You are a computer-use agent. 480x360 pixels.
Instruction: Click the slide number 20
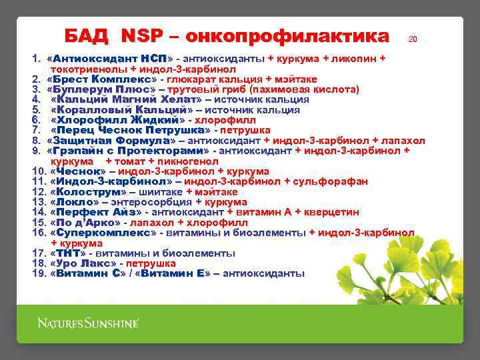pos(413,40)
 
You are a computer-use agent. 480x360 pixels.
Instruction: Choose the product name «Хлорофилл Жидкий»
pos(117,120)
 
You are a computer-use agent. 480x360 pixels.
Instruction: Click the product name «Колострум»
pos(88,192)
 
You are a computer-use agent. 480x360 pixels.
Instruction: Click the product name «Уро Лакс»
pos(83,263)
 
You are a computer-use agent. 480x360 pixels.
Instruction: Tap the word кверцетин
pos(331,212)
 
